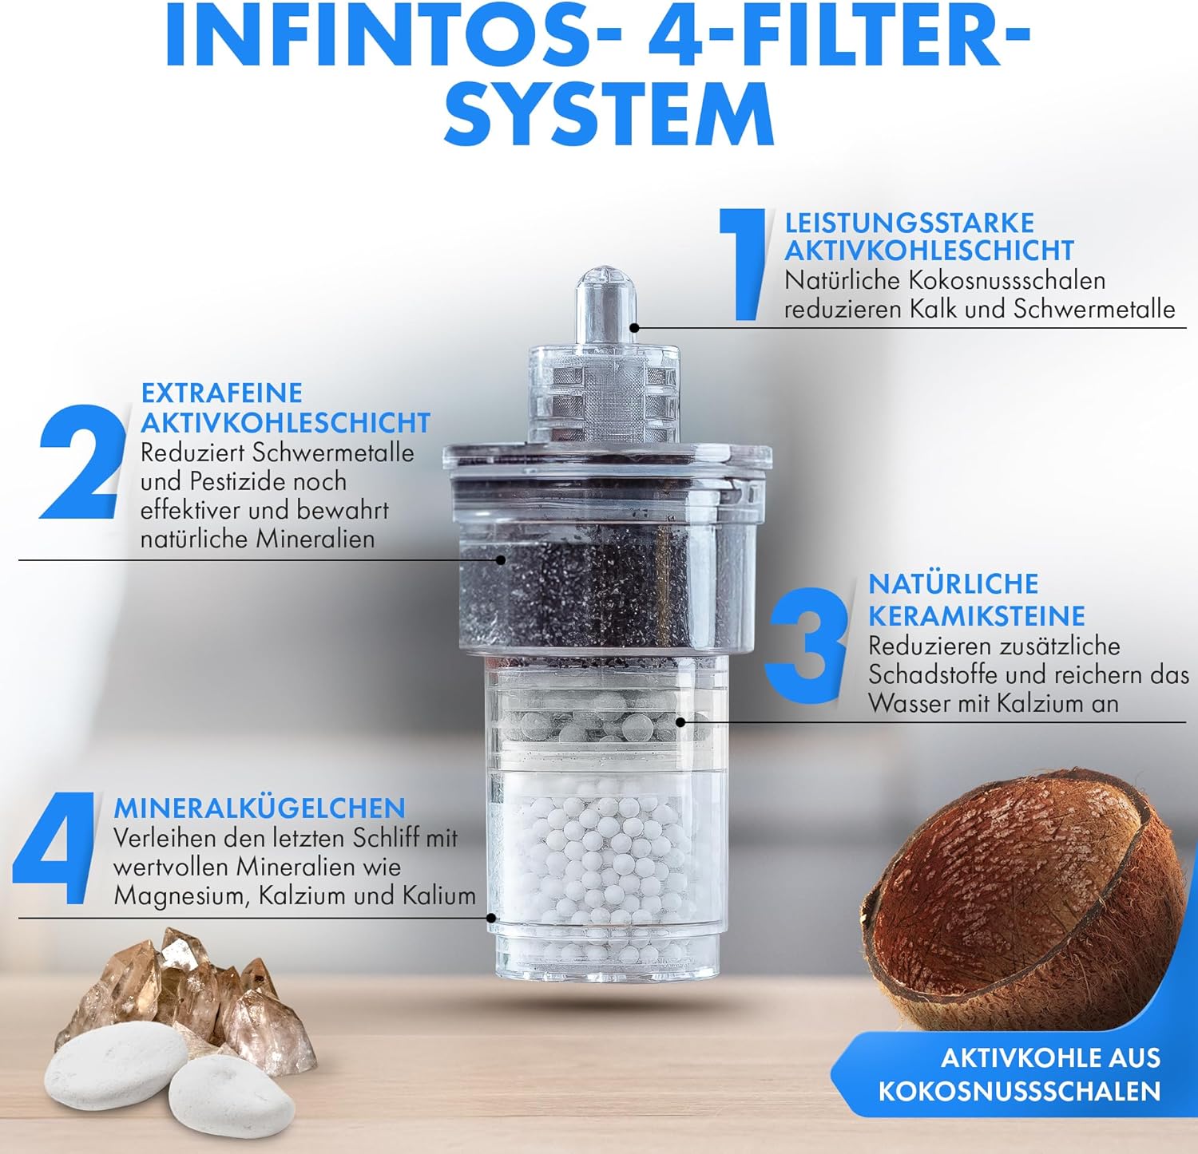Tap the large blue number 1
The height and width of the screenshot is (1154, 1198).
click(743, 264)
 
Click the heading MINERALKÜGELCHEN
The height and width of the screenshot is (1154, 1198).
click(260, 808)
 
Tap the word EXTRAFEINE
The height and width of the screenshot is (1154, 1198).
click(222, 393)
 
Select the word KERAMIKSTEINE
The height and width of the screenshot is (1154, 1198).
click(977, 616)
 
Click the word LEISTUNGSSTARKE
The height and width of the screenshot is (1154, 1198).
click(909, 223)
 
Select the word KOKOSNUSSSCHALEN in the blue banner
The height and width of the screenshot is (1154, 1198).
click(1019, 1090)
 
